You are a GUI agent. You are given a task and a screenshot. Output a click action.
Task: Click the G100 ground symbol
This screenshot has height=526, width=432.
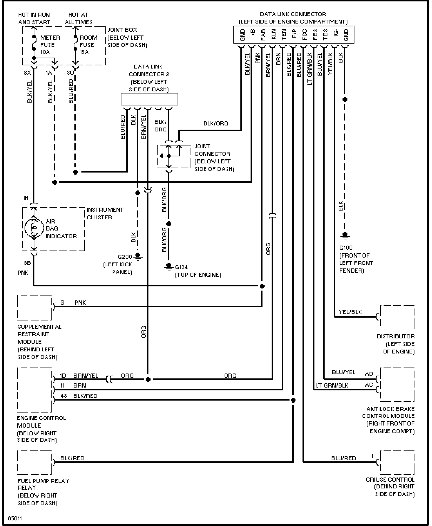click(x=345, y=236)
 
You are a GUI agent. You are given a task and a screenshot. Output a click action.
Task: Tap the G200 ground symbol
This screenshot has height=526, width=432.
click(x=138, y=256)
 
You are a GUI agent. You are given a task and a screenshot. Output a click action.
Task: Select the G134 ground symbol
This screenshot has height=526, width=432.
click(x=169, y=267)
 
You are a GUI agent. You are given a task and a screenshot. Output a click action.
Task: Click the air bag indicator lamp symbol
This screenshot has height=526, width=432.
click(x=34, y=227)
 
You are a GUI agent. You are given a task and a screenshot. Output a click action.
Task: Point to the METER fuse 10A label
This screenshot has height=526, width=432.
click(x=50, y=45)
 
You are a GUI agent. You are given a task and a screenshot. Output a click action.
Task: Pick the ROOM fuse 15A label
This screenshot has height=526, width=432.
click(x=88, y=45)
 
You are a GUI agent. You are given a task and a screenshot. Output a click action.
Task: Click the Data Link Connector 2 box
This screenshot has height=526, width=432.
click(x=149, y=99)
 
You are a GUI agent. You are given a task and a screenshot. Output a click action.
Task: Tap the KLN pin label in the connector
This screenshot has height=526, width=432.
click(x=273, y=34)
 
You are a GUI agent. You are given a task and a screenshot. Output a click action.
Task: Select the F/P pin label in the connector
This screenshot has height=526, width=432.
click(x=294, y=34)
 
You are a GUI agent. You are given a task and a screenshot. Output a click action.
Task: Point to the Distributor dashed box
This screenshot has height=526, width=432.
click(x=397, y=317)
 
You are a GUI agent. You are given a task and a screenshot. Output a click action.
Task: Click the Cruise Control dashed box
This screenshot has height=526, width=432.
click(x=397, y=462)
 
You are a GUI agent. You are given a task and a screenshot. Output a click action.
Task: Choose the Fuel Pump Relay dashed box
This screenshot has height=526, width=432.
click(x=34, y=462)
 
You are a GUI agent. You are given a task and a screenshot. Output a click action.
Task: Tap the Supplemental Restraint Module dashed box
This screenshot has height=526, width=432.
click(x=34, y=307)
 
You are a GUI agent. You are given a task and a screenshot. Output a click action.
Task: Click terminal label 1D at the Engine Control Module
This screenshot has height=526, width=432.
click(x=63, y=376)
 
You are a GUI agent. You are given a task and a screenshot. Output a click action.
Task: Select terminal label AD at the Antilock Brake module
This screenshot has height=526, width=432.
click(x=369, y=374)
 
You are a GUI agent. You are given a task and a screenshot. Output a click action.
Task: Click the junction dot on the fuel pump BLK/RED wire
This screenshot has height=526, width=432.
click(x=293, y=400)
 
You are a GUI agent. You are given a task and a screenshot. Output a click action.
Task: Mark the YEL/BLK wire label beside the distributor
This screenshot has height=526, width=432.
click(x=350, y=312)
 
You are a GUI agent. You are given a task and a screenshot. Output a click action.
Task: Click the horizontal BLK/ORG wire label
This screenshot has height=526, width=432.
click(x=216, y=123)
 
